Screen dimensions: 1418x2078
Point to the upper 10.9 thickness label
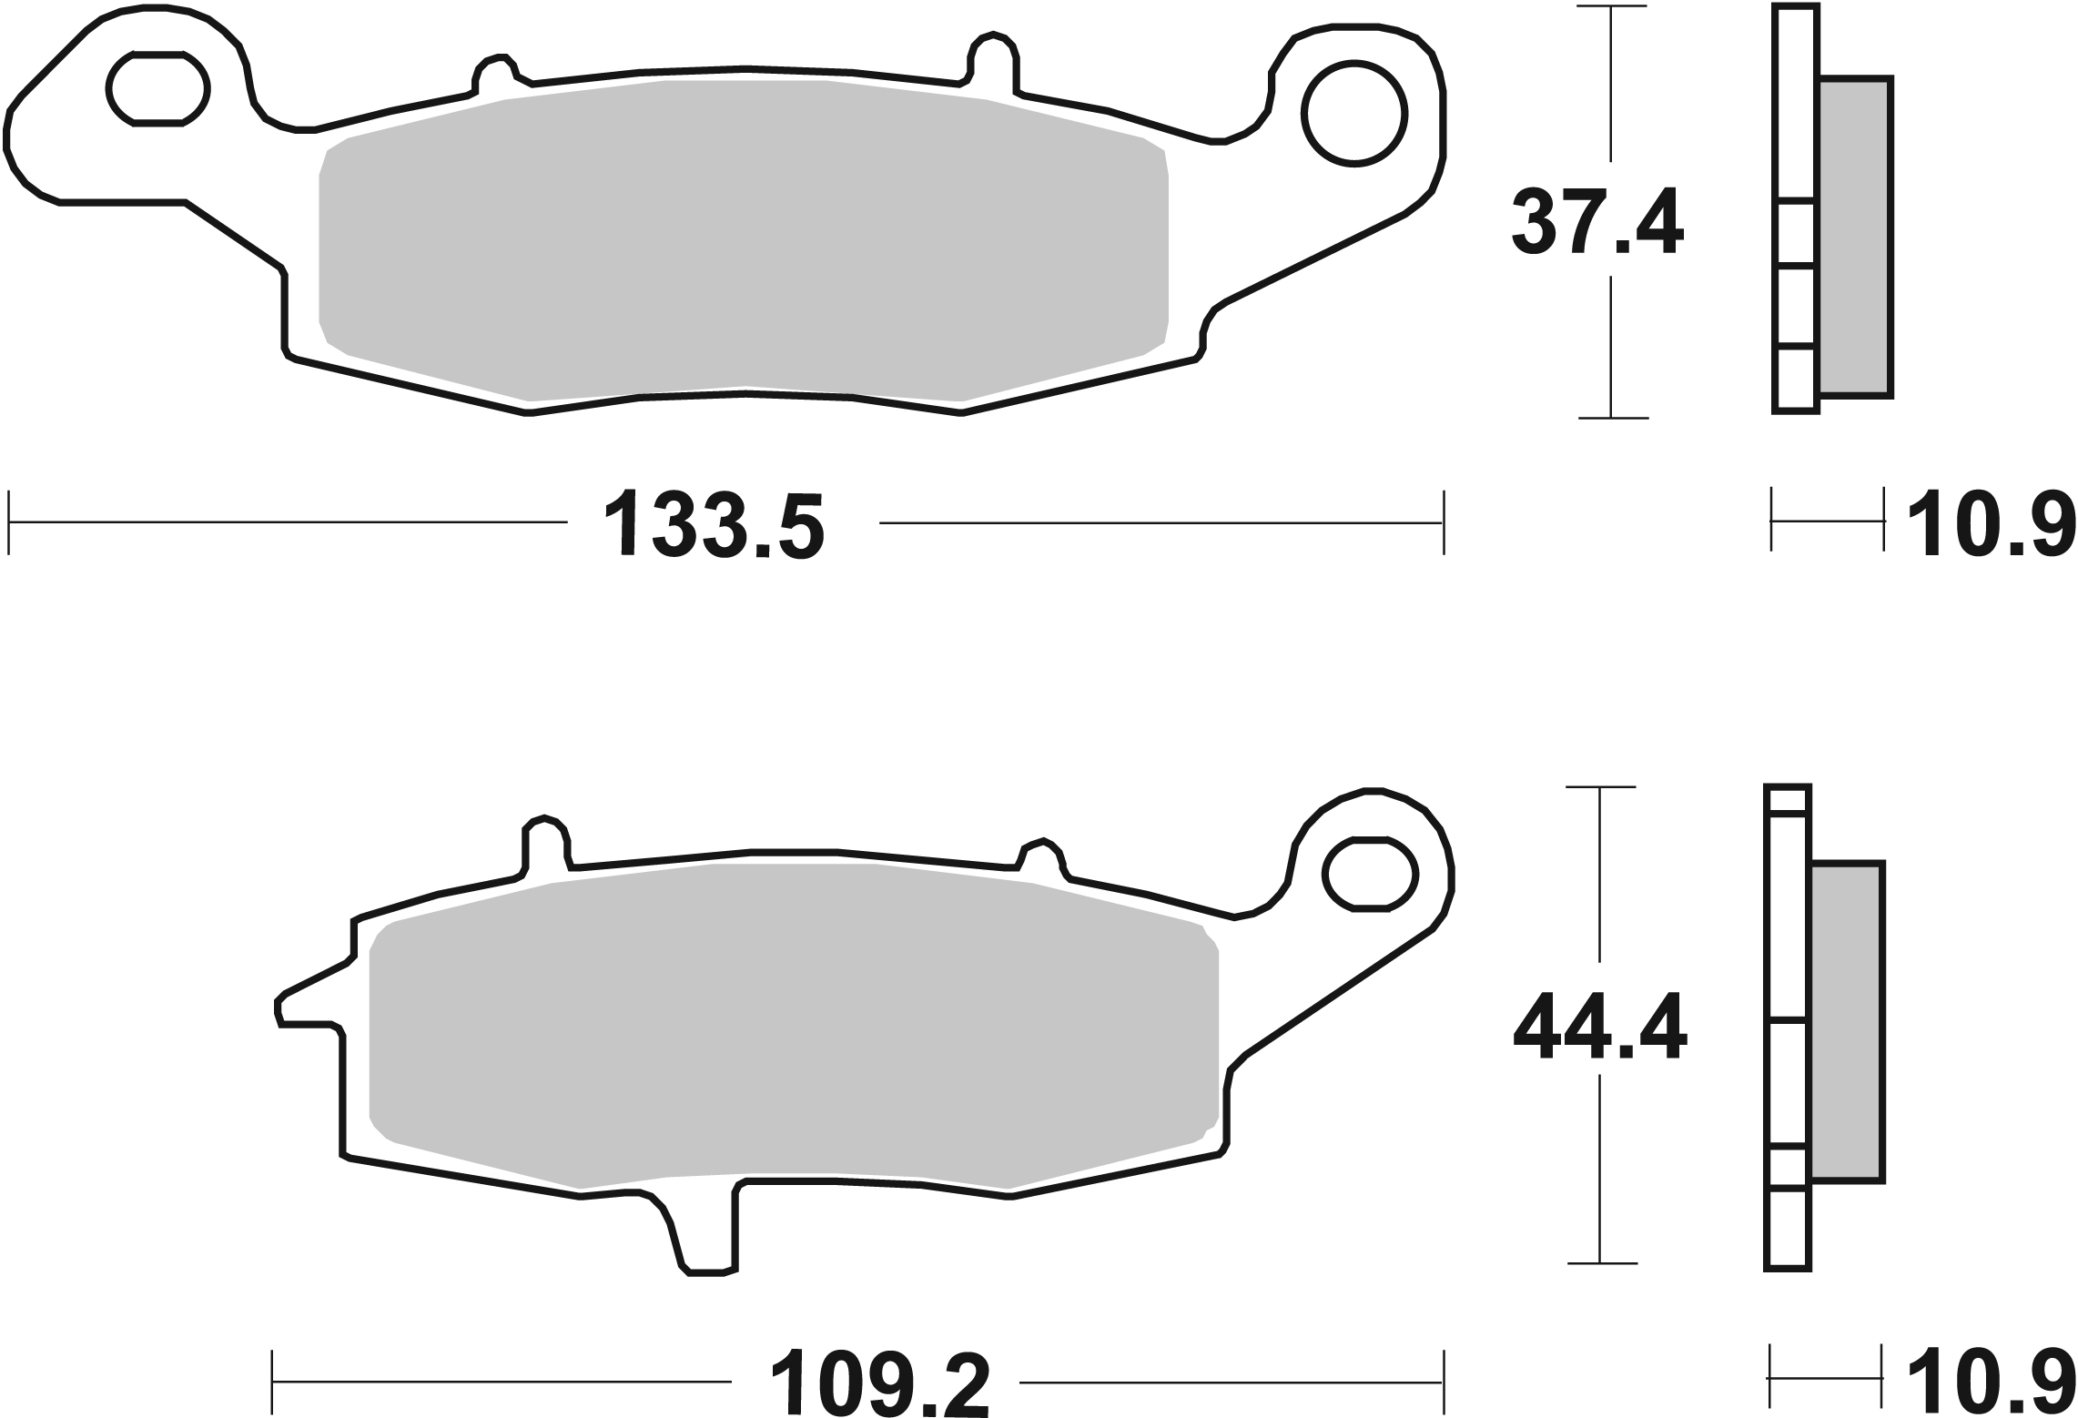[x=1992, y=525]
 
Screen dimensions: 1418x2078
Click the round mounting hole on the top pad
[x=1353, y=114]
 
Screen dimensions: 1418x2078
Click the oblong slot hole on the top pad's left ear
[x=159, y=88]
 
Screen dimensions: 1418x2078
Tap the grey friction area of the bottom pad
[x=792, y=1028]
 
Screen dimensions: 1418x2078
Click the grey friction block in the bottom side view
[x=1847, y=1022]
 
